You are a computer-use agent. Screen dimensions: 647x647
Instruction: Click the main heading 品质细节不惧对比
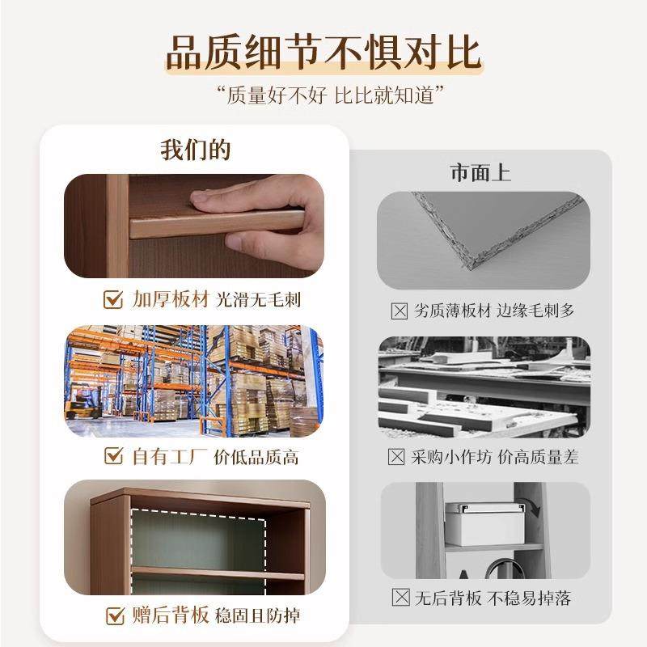323,52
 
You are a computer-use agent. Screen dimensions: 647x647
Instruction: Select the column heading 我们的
195,151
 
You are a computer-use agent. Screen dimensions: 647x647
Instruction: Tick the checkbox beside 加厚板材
114,300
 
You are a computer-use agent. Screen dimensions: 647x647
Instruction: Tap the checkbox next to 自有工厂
114,457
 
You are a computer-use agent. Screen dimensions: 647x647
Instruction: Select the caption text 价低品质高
256,457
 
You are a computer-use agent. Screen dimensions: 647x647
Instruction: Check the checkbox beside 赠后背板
114,616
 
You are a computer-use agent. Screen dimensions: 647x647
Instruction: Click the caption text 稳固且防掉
257,616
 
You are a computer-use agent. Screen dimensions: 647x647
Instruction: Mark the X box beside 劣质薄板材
398,311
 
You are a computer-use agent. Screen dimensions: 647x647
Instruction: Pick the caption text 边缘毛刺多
535,311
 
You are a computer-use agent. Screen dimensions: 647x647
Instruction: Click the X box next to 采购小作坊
396,457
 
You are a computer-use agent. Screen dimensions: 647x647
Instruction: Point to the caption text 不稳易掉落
535,598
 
